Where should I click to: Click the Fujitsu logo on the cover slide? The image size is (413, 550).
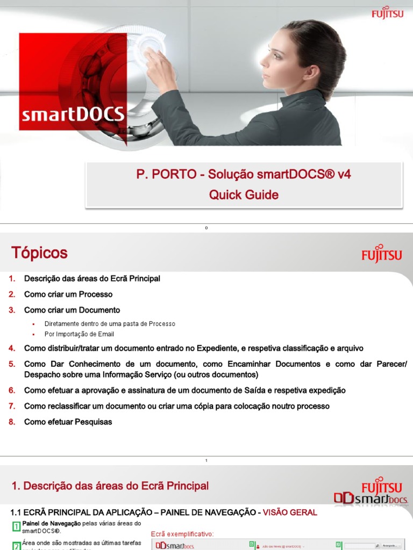coord(387,12)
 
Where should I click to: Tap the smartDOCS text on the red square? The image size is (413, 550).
coord(73,114)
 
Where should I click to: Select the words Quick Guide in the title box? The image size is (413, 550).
coord(244,195)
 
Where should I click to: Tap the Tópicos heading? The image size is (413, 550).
coord(40,253)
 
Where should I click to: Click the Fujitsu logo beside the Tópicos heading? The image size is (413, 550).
coord(382,254)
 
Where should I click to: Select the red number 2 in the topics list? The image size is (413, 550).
coord(12,294)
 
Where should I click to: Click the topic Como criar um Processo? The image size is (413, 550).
coord(68,294)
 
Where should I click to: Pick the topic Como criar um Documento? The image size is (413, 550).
coord(72,310)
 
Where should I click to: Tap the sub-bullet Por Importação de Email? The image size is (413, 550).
coord(79,334)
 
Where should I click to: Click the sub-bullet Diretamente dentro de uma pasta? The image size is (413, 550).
coord(110,324)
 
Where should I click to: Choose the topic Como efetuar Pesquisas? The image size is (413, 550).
coord(68,422)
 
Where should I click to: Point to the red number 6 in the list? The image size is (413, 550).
coord(12,390)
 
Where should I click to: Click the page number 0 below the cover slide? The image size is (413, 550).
coord(206,228)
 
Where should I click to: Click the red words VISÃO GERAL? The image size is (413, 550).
coord(290,512)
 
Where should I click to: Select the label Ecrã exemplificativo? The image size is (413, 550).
coord(182,533)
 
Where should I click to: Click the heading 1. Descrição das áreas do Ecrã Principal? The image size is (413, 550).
coord(110,486)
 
